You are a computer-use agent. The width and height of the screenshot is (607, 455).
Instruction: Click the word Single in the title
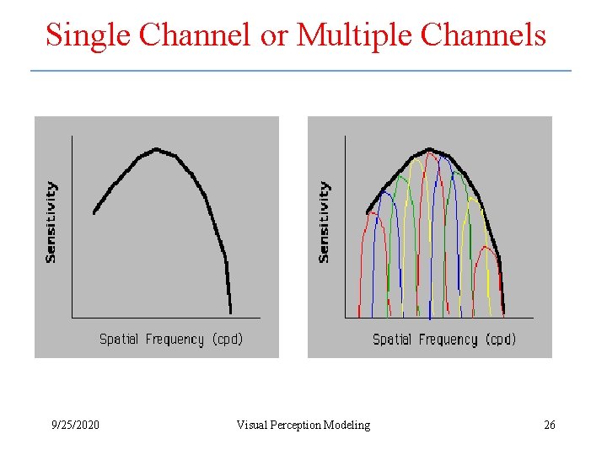point(88,35)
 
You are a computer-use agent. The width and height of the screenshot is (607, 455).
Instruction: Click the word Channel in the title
point(195,35)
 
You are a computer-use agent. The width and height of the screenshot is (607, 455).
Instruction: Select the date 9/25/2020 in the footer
point(74,425)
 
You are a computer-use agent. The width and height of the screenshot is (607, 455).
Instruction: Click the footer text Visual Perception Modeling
point(303,425)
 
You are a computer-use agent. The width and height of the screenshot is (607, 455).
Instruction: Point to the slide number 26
point(549,425)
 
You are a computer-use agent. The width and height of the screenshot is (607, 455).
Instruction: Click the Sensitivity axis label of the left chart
point(51,222)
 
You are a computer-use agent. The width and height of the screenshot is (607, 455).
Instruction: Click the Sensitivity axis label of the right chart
point(325,222)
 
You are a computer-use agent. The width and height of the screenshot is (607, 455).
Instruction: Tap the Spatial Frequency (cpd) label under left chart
point(171,339)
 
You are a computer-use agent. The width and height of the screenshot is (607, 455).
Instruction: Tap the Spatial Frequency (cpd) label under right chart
point(444,339)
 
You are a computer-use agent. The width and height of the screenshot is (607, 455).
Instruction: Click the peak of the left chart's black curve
point(156,150)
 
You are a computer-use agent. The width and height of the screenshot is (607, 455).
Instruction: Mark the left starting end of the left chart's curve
point(94,212)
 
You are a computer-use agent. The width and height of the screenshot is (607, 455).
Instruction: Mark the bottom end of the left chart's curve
point(229,313)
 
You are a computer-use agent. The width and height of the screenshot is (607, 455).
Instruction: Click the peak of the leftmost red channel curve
point(372,214)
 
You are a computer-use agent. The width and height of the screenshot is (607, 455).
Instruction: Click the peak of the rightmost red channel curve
point(486,247)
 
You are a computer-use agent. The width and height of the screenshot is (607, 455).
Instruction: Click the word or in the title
point(273,35)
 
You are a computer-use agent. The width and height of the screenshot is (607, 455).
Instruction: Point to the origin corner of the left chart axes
point(73,318)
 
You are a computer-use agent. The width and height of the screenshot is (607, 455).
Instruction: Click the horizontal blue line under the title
point(301,70)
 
